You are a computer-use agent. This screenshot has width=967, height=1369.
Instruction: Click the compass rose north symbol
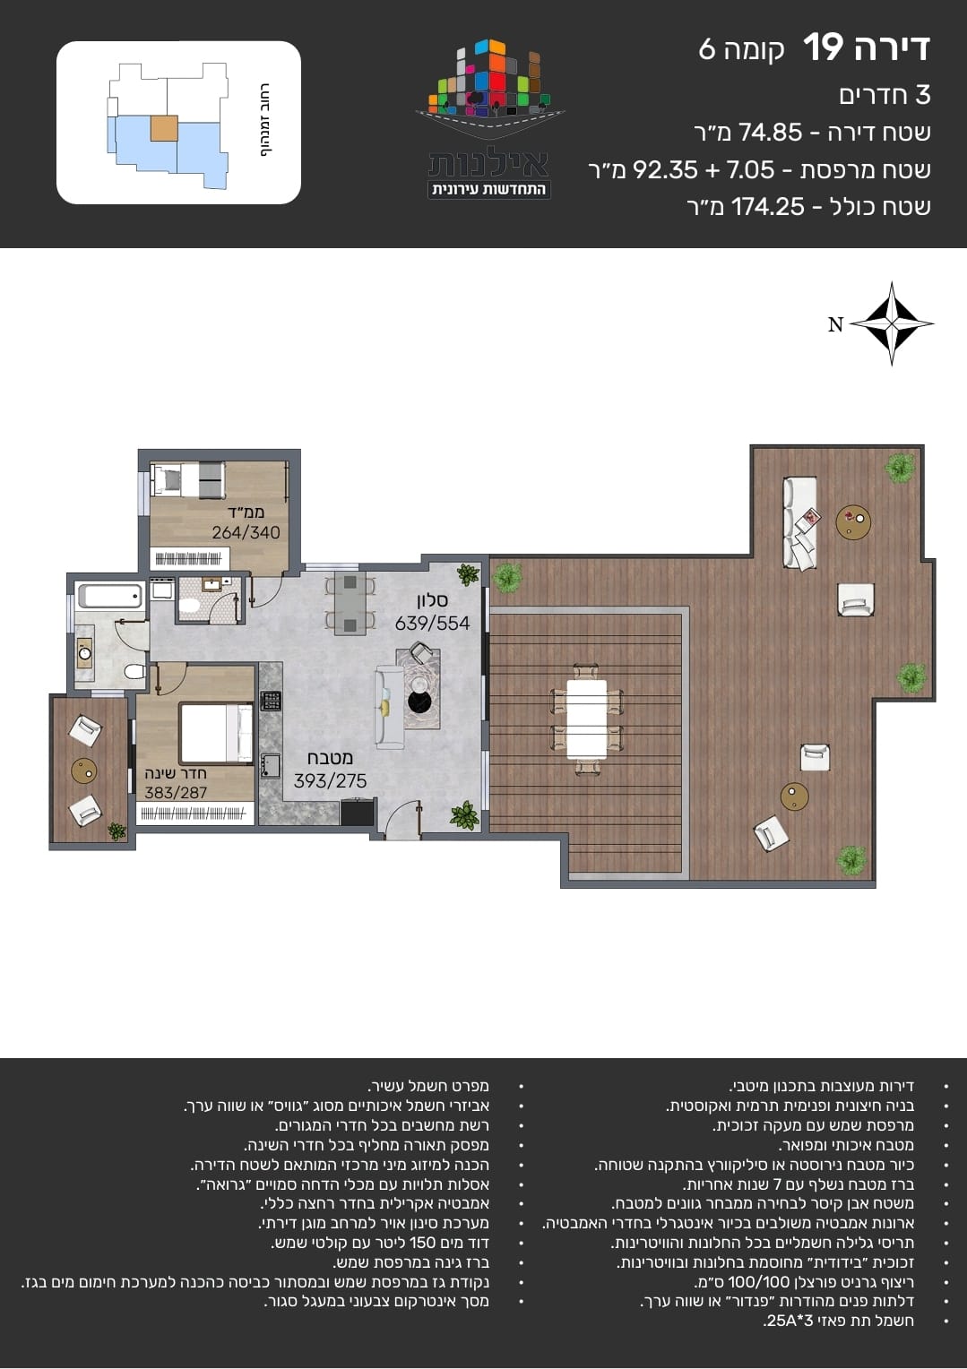(x=891, y=323)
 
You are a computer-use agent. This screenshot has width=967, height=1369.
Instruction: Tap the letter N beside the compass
(x=835, y=324)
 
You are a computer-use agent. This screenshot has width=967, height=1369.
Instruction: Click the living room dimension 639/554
(x=432, y=624)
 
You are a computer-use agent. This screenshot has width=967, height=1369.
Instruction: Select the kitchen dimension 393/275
(x=330, y=780)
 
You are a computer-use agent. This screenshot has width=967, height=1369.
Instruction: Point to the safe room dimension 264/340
(x=246, y=532)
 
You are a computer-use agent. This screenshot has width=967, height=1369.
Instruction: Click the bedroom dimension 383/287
(x=176, y=793)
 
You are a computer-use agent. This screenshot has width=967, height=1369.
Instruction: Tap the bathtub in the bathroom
(x=110, y=596)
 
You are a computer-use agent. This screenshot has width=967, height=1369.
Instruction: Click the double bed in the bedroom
(x=216, y=733)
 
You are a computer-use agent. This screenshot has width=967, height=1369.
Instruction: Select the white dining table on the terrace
(x=587, y=719)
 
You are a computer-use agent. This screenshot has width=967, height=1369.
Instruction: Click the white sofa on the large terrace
(x=800, y=524)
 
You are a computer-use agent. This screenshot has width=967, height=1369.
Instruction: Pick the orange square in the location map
(x=164, y=128)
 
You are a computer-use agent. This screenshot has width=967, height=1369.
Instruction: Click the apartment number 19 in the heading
(x=823, y=47)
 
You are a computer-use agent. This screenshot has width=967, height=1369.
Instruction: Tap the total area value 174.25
(x=768, y=207)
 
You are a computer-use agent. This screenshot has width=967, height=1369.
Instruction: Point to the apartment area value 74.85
(x=770, y=132)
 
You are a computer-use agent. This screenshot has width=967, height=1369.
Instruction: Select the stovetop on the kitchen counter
(x=271, y=701)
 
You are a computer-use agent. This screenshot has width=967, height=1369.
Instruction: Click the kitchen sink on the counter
(x=270, y=765)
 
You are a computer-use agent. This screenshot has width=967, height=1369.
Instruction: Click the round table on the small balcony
(x=83, y=771)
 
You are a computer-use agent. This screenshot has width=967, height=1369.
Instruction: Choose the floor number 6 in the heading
(x=706, y=49)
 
